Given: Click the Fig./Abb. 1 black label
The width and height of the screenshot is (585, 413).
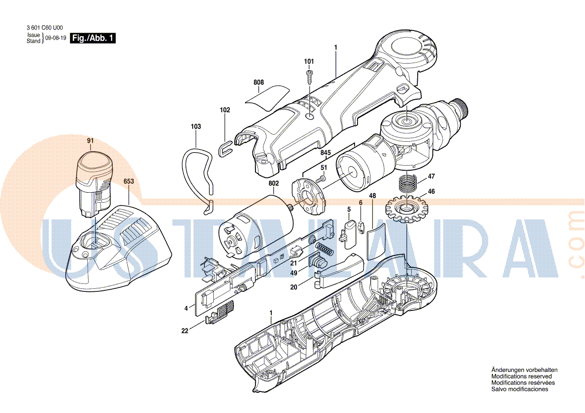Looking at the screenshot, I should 93,39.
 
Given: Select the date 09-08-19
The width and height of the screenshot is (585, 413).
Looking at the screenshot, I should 56,39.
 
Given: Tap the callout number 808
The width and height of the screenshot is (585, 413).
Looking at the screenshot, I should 258,82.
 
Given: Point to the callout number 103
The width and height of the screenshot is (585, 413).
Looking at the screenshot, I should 195,127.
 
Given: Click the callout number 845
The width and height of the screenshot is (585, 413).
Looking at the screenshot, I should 326,152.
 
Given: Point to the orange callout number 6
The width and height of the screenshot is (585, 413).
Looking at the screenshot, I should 360,202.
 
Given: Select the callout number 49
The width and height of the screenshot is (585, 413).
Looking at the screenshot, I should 294,273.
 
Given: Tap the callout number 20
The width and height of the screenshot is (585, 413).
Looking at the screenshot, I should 294,287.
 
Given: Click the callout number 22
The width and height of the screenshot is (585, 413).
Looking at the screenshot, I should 185,330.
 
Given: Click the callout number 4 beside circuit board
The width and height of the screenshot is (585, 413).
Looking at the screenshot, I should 186,308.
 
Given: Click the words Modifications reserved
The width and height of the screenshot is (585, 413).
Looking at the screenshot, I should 521,376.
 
